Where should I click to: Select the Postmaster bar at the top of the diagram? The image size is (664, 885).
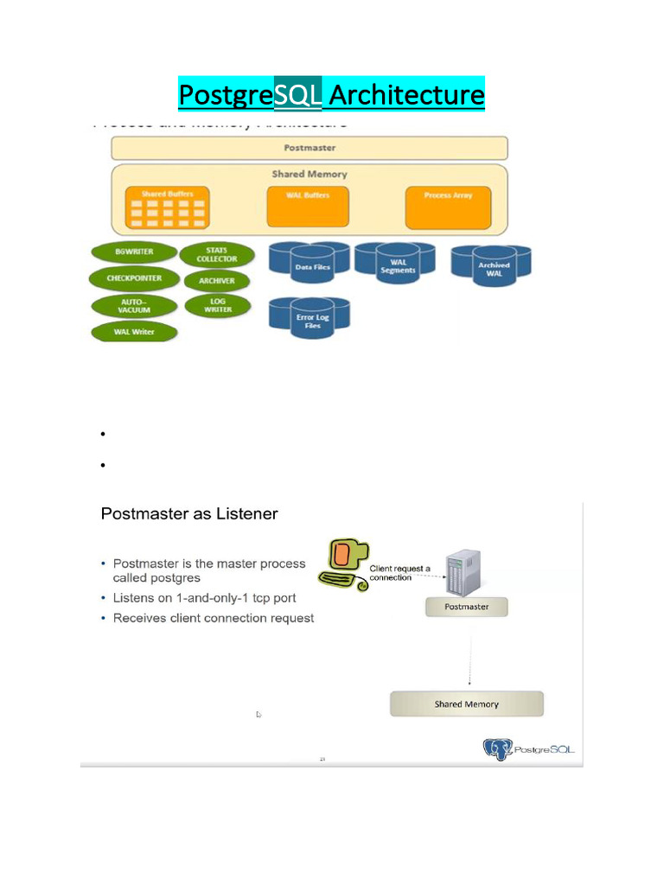point(310,148)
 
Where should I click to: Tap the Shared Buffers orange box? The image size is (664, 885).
point(167,207)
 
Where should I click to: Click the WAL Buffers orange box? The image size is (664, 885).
point(309,207)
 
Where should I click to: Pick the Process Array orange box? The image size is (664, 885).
point(448,207)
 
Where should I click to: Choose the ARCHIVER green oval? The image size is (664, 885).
point(216,281)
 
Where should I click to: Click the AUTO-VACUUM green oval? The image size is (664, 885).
point(133,306)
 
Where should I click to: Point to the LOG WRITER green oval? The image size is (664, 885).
point(217,305)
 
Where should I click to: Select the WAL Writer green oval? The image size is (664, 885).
point(134,332)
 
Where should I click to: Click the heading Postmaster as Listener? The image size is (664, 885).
point(189,514)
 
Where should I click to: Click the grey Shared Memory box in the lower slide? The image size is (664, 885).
point(466,704)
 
